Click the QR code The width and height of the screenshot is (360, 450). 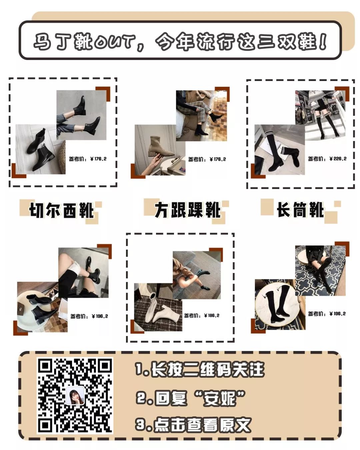[x=75, y=395]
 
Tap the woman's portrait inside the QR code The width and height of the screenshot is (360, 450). [x=75, y=396]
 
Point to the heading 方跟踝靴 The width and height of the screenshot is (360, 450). [x=187, y=210]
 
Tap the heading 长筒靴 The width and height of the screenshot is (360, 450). [x=300, y=210]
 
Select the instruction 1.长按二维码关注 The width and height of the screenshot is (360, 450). [x=199, y=370]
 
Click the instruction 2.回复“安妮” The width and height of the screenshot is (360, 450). [x=191, y=398]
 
